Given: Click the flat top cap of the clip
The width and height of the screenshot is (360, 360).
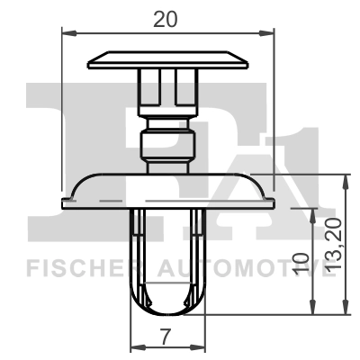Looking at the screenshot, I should point(167,60).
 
